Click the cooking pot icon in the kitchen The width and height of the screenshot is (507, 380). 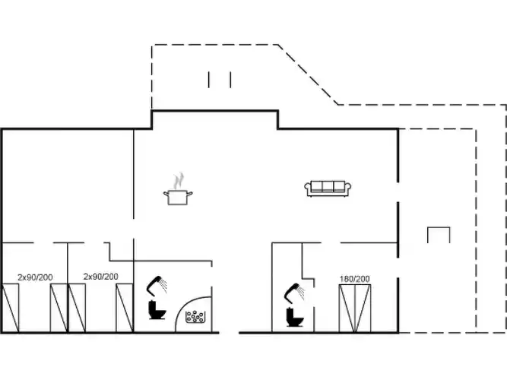[x=178, y=197]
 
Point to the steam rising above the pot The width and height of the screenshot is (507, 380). [x=179, y=181]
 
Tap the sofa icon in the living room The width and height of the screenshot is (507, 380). [x=328, y=188]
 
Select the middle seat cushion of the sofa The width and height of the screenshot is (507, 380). [x=328, y=187]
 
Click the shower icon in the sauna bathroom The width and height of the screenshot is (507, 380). [x=157, y=286]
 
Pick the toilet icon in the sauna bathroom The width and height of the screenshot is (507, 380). [x=157, y=310]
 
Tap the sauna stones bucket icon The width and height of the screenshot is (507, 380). [x=195, y=317]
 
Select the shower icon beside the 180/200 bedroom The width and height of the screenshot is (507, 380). [x=295, y=293]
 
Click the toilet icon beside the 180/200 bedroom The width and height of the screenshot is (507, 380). [x=295, y=317]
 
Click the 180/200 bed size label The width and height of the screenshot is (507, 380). [x=355, y=279]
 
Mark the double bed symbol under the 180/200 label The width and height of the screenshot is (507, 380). [x=355, y=309]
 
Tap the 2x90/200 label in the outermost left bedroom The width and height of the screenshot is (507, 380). [x=35, y=277]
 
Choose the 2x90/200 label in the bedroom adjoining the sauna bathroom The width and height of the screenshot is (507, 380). [x=101, y=277]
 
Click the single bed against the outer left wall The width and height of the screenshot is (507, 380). [x=11, y=308]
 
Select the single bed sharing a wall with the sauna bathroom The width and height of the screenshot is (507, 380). [x=125, y=308]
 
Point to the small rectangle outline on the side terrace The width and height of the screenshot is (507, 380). [x=439, y=235]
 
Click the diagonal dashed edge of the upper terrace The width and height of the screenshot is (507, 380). [x=308, y=74]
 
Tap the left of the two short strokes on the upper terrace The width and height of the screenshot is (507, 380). [x=208, y=80]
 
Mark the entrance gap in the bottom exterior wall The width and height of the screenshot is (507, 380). [x=229, y=332]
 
